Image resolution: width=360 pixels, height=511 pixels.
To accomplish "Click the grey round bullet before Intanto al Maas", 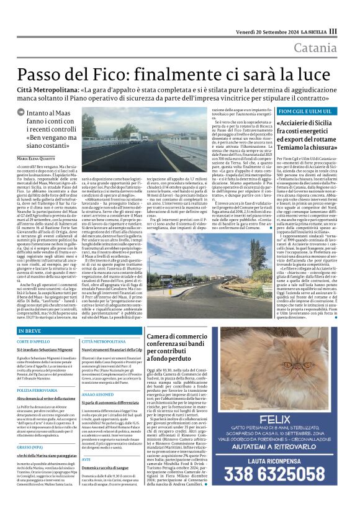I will pos(21,114).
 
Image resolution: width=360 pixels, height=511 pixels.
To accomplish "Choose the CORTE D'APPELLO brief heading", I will pos(34,341).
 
